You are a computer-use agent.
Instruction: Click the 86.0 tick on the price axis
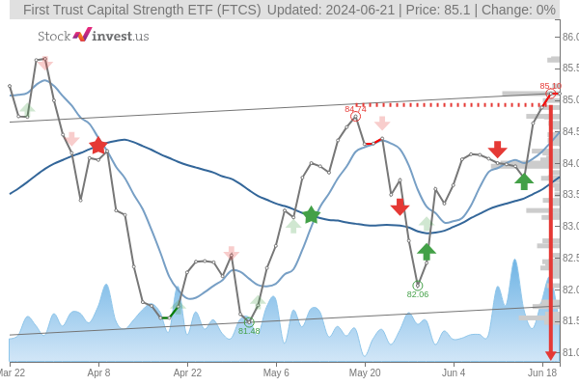pyautogui.click(x=569, y=37)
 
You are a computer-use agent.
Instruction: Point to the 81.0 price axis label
pyautogui.click(x=569, y=352)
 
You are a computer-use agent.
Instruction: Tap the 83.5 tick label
pyautogui.click(x=569, y=194)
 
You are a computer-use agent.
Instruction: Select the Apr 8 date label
pyautogui.click(x=98, y=372)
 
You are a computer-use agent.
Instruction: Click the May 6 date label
pyautogui.click(x=276, y=372)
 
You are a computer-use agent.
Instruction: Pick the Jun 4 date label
pyautogui.click(x=454, y=372)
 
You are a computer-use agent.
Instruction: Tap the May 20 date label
pyautogui.click(x=365, y=372)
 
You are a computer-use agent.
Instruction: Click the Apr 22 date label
pyautogui.click(x=187, y=372)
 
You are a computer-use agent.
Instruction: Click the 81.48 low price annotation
pyautogui.click(x=249, y=331)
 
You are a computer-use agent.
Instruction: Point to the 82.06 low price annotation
pyautogui.click(x=418, y=294)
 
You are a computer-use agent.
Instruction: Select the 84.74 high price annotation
pyautogui.click(x=355, y=109)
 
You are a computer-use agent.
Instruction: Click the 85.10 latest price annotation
pyautogui.click(x=550, y=86)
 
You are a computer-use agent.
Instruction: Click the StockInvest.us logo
pyautogui.click(x=93, y=36)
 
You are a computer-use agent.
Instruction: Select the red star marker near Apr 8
pyautogui.click(x=98, y=146)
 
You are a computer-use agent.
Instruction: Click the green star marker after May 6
pyautogui.click(x=311, y=215)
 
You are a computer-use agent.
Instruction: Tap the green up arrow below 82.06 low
pyautogui.click(x=427, y=251)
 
